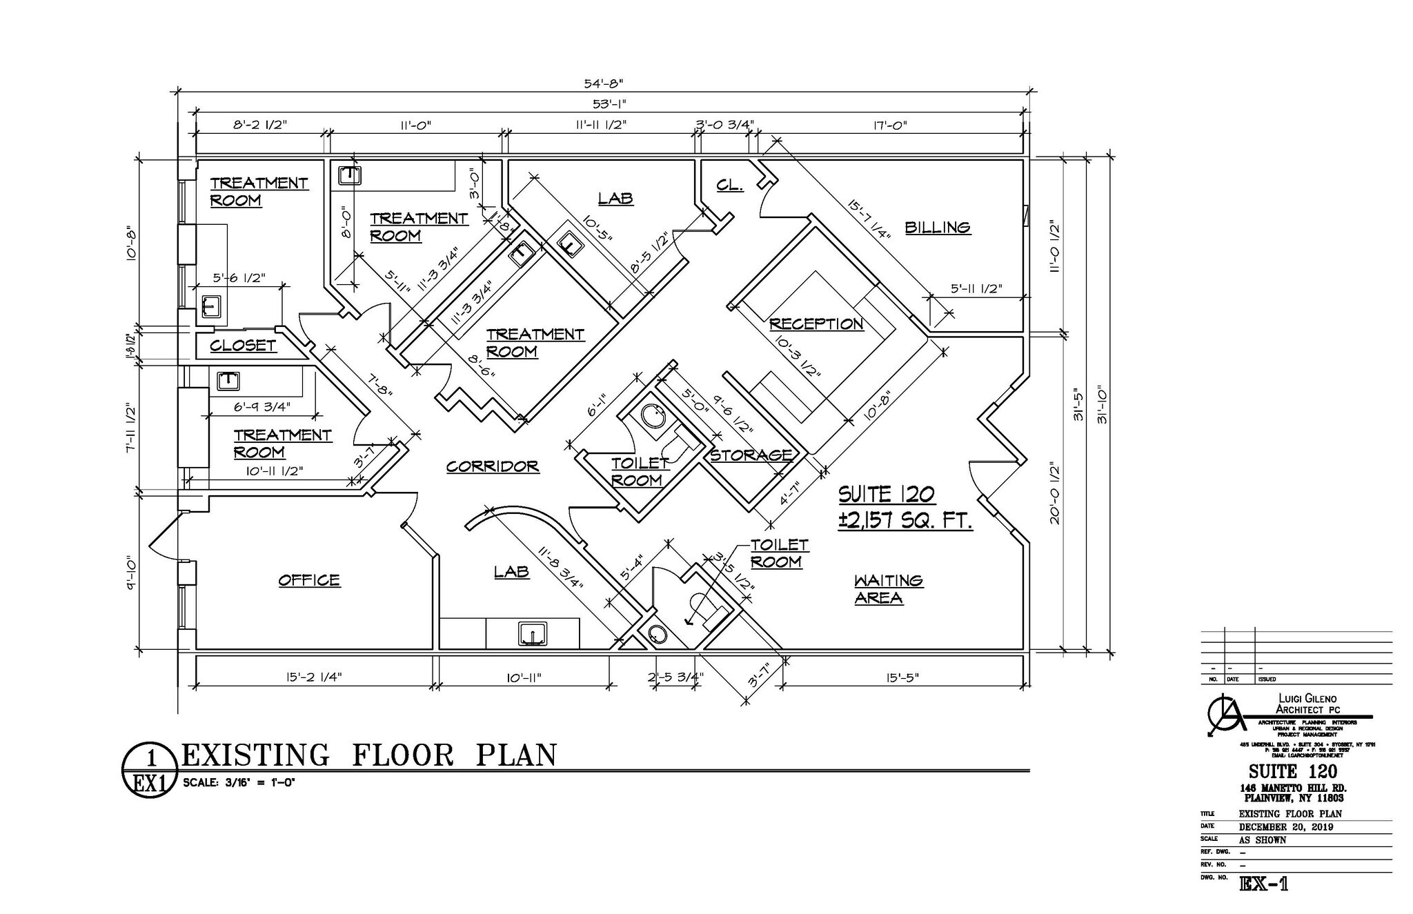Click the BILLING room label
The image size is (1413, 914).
pos(937,227)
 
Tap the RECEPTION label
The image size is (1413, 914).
pos(816,324)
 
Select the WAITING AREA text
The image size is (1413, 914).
pos(887,588)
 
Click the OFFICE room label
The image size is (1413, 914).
pos(309,580)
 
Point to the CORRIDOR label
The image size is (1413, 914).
pos(492,466)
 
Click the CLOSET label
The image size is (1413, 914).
pos(243,345)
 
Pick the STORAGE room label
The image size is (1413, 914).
pos(751,455)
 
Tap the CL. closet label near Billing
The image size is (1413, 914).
pos(729,185)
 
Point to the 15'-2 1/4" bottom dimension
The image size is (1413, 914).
pos(314,677)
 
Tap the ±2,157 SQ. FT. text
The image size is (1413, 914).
pos(905,520)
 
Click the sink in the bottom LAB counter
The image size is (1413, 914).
pos(533,633)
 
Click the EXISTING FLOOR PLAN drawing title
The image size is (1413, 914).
pos(368,755)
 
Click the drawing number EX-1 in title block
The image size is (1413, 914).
pos(1263,884)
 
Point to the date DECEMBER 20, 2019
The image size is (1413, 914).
pos(1285,827)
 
